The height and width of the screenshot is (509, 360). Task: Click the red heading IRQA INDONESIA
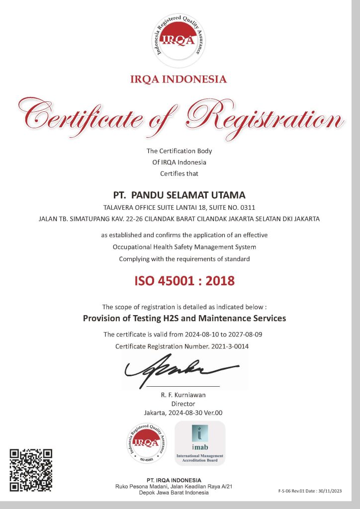[178, 79]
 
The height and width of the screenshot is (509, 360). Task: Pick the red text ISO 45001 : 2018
[184, 281]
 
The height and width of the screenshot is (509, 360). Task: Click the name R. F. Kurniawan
[183, 395]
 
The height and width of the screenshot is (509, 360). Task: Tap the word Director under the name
[183, 404]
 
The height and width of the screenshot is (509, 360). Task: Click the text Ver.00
[213, 413]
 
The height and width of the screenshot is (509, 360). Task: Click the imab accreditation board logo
[200, 442]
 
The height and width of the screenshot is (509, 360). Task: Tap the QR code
[31, 470]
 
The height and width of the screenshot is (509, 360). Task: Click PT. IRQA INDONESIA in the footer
[162, 480]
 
